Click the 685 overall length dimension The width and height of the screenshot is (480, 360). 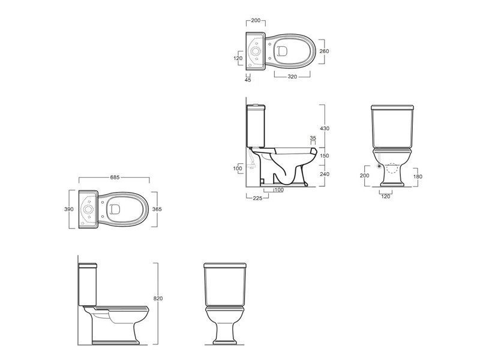[x=115, y=177]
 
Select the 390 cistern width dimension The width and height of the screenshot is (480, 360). [x=69, y=209]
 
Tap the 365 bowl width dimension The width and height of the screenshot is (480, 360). [x=157, y=209]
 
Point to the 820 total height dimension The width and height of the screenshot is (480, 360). [x=158, y=298]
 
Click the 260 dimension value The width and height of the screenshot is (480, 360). [x=324, y=51]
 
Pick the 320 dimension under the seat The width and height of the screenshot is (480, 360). [x=292, y=77]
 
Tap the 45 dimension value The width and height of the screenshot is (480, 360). [x=248, y=80]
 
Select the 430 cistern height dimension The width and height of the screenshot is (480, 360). [x=325, y=128]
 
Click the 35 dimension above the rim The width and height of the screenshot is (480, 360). [x=313, y=138]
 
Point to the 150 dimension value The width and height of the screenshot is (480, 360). [x=325, y=155]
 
